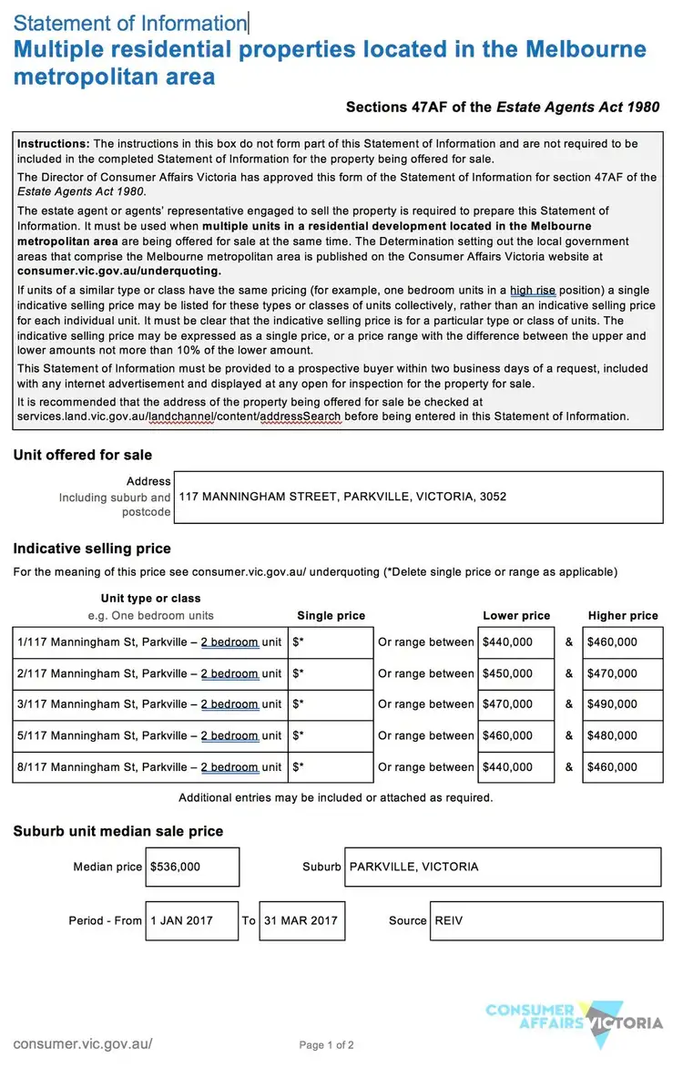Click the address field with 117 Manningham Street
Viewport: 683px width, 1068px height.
[418, 497]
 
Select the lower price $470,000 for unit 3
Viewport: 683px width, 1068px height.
[515, 704]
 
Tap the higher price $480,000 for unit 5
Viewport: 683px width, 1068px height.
[623, 735]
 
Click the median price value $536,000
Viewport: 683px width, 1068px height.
[192, 867]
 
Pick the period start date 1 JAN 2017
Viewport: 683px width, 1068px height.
[192, 920]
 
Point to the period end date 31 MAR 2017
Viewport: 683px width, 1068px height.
[301, 920]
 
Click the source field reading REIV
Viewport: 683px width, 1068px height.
[545, 920]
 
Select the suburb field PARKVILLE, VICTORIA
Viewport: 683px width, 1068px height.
[503, 867]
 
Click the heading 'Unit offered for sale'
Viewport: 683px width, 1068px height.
[83, 455]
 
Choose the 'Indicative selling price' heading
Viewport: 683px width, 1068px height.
[92, 549]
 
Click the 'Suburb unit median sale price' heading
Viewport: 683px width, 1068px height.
[118, 831]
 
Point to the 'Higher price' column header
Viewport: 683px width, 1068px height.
[623, 615]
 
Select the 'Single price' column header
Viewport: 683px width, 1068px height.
[331, 615]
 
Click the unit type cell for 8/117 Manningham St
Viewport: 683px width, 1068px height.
[149, 767]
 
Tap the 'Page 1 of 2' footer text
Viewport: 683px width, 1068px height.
[326, 1045]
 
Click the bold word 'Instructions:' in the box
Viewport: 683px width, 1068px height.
[54, 144]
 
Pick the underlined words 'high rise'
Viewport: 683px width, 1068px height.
[532, 291]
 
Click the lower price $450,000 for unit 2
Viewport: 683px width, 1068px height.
[515, 673]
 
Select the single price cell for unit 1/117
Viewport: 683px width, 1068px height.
[331, 642]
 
